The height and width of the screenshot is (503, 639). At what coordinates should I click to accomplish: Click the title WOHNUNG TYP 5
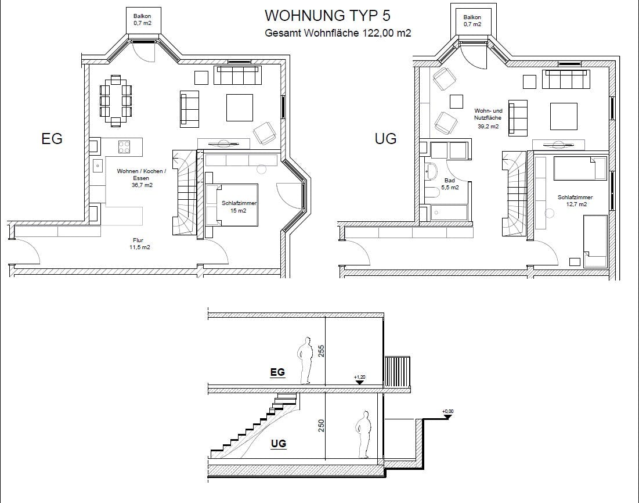(327, 16)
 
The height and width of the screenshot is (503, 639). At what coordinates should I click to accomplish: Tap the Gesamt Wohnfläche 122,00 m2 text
(338, 33)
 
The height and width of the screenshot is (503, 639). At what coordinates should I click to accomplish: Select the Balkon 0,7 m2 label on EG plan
(142, 20)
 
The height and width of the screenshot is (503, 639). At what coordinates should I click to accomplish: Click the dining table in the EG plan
(115, 100)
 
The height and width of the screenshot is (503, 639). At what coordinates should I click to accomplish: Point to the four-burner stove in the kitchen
(124, 147)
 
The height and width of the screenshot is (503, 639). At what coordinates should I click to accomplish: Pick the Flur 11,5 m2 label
(139, 243)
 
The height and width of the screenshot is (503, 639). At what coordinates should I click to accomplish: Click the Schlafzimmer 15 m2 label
(239, 207)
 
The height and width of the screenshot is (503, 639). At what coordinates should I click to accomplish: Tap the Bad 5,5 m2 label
(450, 184)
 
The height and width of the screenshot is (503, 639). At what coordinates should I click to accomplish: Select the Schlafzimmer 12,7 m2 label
(575, 201)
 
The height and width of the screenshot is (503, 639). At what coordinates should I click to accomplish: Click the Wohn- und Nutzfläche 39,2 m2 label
(488, 118)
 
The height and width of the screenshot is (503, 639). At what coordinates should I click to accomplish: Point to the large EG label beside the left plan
(52, 139)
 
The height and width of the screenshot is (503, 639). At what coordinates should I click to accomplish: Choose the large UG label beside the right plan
(385, 139)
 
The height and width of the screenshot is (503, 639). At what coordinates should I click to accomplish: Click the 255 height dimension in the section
(321, 351)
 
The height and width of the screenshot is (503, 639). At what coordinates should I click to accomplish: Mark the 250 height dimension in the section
(321, 426)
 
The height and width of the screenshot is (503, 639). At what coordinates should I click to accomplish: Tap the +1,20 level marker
(359, 380)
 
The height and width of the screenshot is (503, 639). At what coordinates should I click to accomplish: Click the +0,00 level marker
(447, 415)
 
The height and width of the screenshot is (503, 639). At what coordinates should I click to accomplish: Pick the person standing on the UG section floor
(363, 434)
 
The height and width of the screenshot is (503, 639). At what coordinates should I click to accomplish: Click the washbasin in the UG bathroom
(431, 171)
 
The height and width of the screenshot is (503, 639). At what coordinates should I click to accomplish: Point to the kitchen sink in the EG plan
(98, 166)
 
